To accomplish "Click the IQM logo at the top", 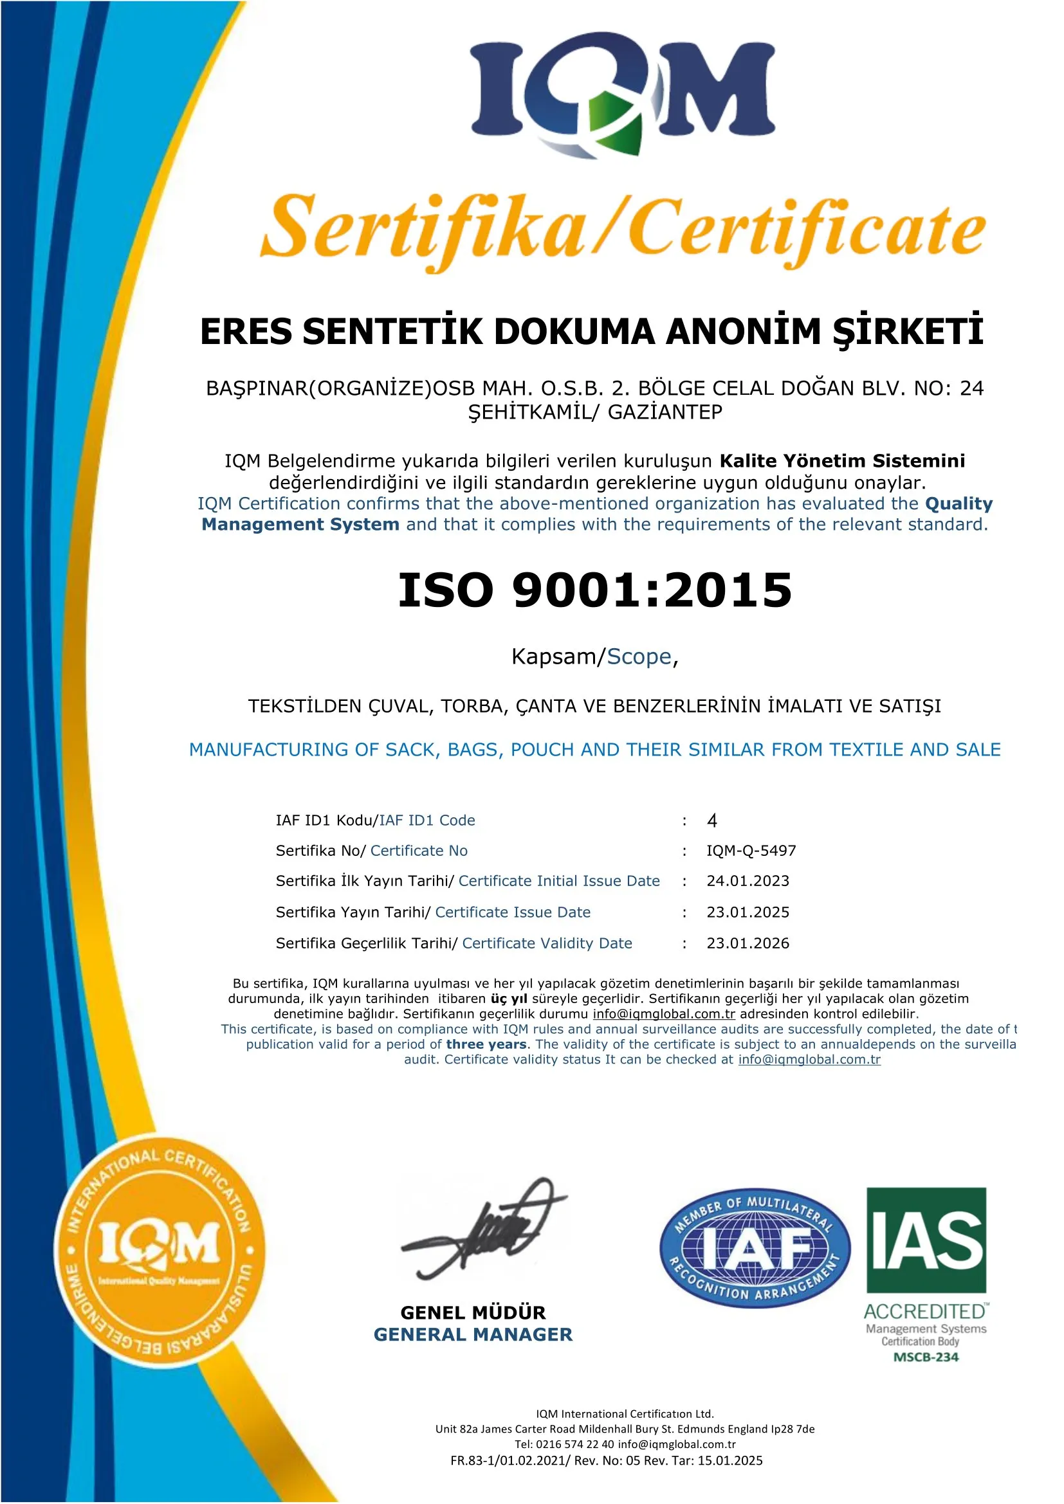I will [x=623, y=92].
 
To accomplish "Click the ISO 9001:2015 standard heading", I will [x=595, y=590].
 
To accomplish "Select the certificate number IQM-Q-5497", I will [x=751, y=851].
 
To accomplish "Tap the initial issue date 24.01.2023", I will [x=748, y=881].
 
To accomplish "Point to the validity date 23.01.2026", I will [x=748, y=943].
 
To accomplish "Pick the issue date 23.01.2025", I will [x=748, y=912].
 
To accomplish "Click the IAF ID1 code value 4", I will [x=712, y=820].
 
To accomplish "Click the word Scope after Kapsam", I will [x=639, y=657].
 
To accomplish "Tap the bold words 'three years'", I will [x=486, y=1044].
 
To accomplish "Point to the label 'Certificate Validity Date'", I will [x=547, y=943].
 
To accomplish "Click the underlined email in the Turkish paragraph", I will [x=664, y=1014].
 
